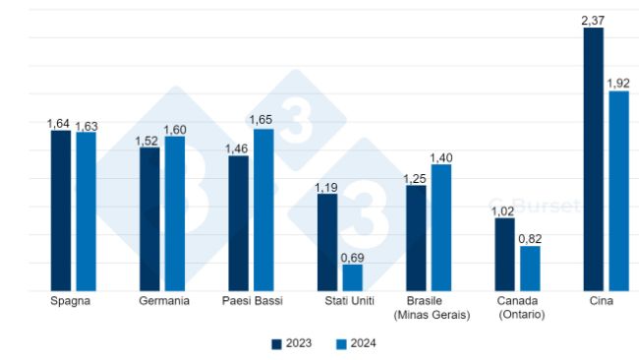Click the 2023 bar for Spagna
[x=61, y=210]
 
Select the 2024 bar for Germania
[x=175, y=213]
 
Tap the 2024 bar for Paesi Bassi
[x=263, y=210]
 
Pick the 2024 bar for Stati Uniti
[x=352, y=277]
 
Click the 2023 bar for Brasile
[x=416, y=238]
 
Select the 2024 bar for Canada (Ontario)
[x=530, y=268]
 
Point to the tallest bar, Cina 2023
[x=593, y=159]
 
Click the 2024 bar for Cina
[x=618, y=191]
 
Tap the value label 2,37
[x=593, y=19]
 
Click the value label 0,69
[x=353, y=257]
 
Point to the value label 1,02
[x=503, y=210]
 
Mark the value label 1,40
[x=441, y=156]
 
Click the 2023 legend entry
[x=294, y=343]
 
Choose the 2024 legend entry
[x=356, y=343]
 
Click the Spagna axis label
[x=70, y=301]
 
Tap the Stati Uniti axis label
[x=339, y=301]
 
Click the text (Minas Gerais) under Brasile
[x=431, y=315]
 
